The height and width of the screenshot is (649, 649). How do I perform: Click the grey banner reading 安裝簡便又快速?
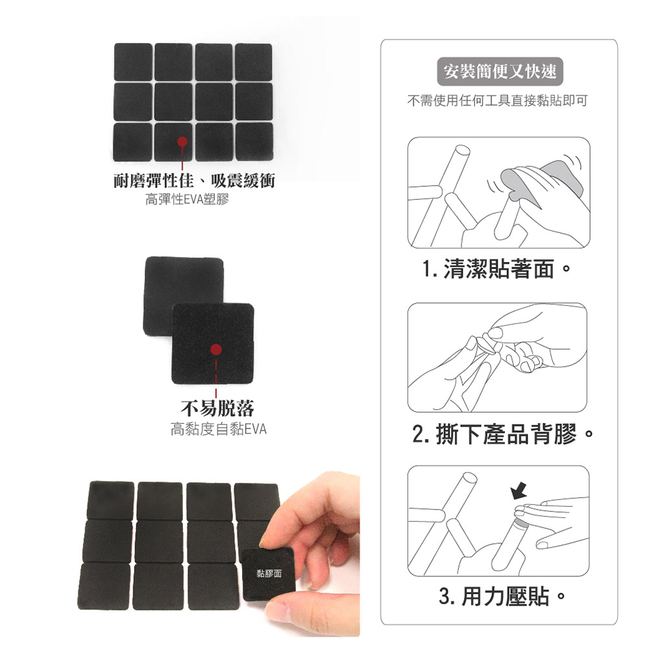tap(500, 71)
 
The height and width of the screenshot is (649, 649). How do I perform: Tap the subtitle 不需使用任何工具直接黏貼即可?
tap(498, 101)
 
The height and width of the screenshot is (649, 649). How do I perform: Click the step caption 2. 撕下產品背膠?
tap(503, 434)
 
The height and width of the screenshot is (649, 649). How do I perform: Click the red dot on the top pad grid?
tap(182, 142)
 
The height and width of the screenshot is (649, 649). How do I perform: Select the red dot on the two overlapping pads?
tap(215, 350)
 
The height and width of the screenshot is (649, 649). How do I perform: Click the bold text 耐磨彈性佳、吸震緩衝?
tap(194, 181)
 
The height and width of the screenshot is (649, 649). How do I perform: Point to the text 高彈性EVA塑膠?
tap(187, 199)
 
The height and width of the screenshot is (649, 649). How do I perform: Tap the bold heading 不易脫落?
tap(217, 408)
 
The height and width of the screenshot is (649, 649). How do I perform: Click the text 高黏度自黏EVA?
tap(219, 429)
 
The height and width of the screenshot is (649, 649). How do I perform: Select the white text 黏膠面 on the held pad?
tap(269, 573)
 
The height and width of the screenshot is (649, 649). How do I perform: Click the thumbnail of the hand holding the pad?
tap(219, 555)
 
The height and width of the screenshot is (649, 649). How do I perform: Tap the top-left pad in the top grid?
tap(133, 62)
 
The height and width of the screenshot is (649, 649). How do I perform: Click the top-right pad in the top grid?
tap(254, 62)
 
